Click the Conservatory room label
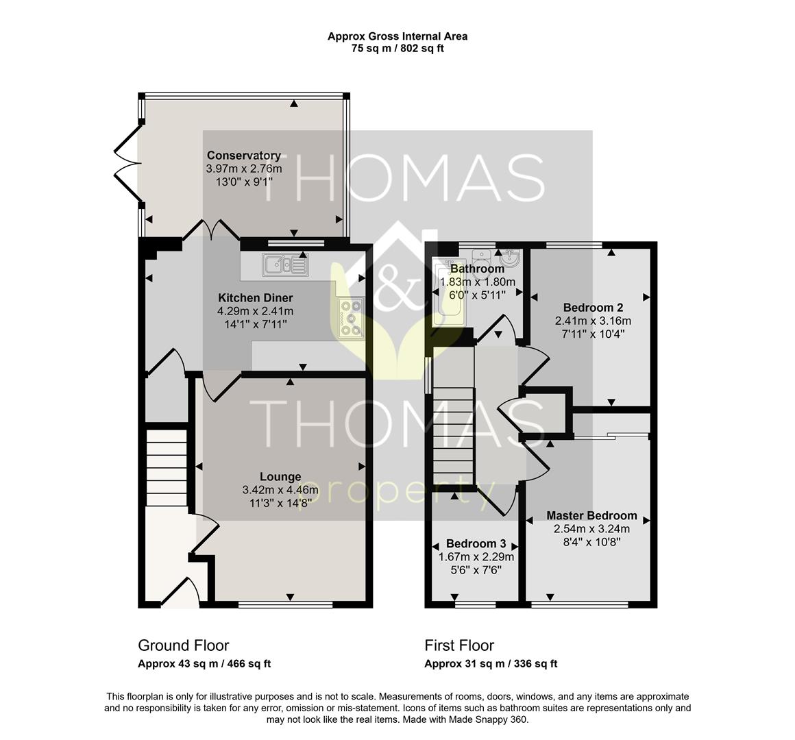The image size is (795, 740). pos(243,156)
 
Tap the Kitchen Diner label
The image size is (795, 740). pos(256,297)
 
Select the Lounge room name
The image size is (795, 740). pos(280,477)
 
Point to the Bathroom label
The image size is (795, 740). pos(477,269)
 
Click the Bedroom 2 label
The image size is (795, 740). pos(594,308)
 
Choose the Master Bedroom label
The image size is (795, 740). pos(591,516)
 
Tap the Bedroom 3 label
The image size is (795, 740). pos(476,544)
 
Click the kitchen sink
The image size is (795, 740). pos(285,265)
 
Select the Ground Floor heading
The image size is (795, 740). pos(184,645)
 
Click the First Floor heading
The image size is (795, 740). pos(459,645)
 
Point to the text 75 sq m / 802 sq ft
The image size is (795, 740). pos(397,49)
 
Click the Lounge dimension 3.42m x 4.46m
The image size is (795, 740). pos(280,490)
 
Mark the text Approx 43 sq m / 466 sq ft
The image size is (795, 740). pos(204,664)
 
